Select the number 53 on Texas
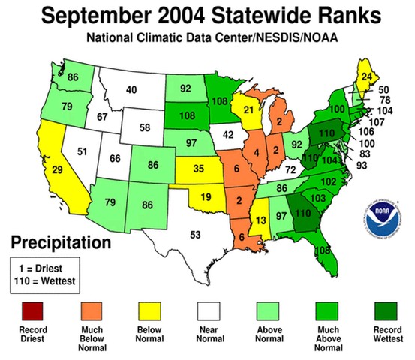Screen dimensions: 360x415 click(195, 235)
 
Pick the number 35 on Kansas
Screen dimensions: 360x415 click(197, 167)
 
